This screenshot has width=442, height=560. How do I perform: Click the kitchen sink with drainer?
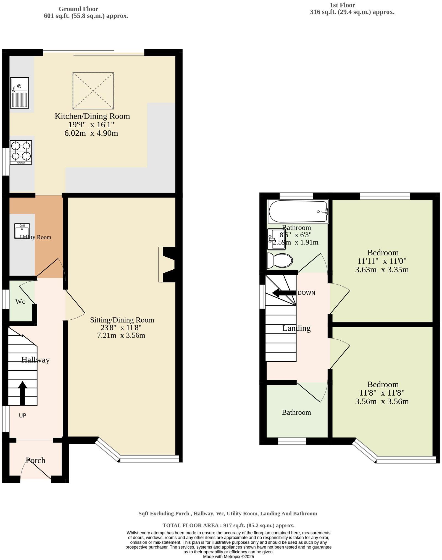19,93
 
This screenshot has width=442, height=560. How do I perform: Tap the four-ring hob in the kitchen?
21,152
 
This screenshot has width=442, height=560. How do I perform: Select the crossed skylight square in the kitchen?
93,91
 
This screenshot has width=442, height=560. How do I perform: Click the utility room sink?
22,231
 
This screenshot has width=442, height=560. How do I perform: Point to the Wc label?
20,302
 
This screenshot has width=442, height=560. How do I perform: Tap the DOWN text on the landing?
306,293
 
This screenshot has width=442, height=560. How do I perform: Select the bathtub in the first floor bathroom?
298,211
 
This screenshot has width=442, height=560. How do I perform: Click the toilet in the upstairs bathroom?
280,261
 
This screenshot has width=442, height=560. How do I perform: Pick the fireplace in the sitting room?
167,264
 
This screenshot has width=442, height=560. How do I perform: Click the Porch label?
35,461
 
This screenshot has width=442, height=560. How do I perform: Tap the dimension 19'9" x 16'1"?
91,125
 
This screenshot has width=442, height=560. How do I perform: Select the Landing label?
296,328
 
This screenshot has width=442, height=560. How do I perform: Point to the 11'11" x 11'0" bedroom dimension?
382,261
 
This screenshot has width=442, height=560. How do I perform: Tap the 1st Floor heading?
342,5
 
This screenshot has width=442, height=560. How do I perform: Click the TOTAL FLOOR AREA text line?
228,525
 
